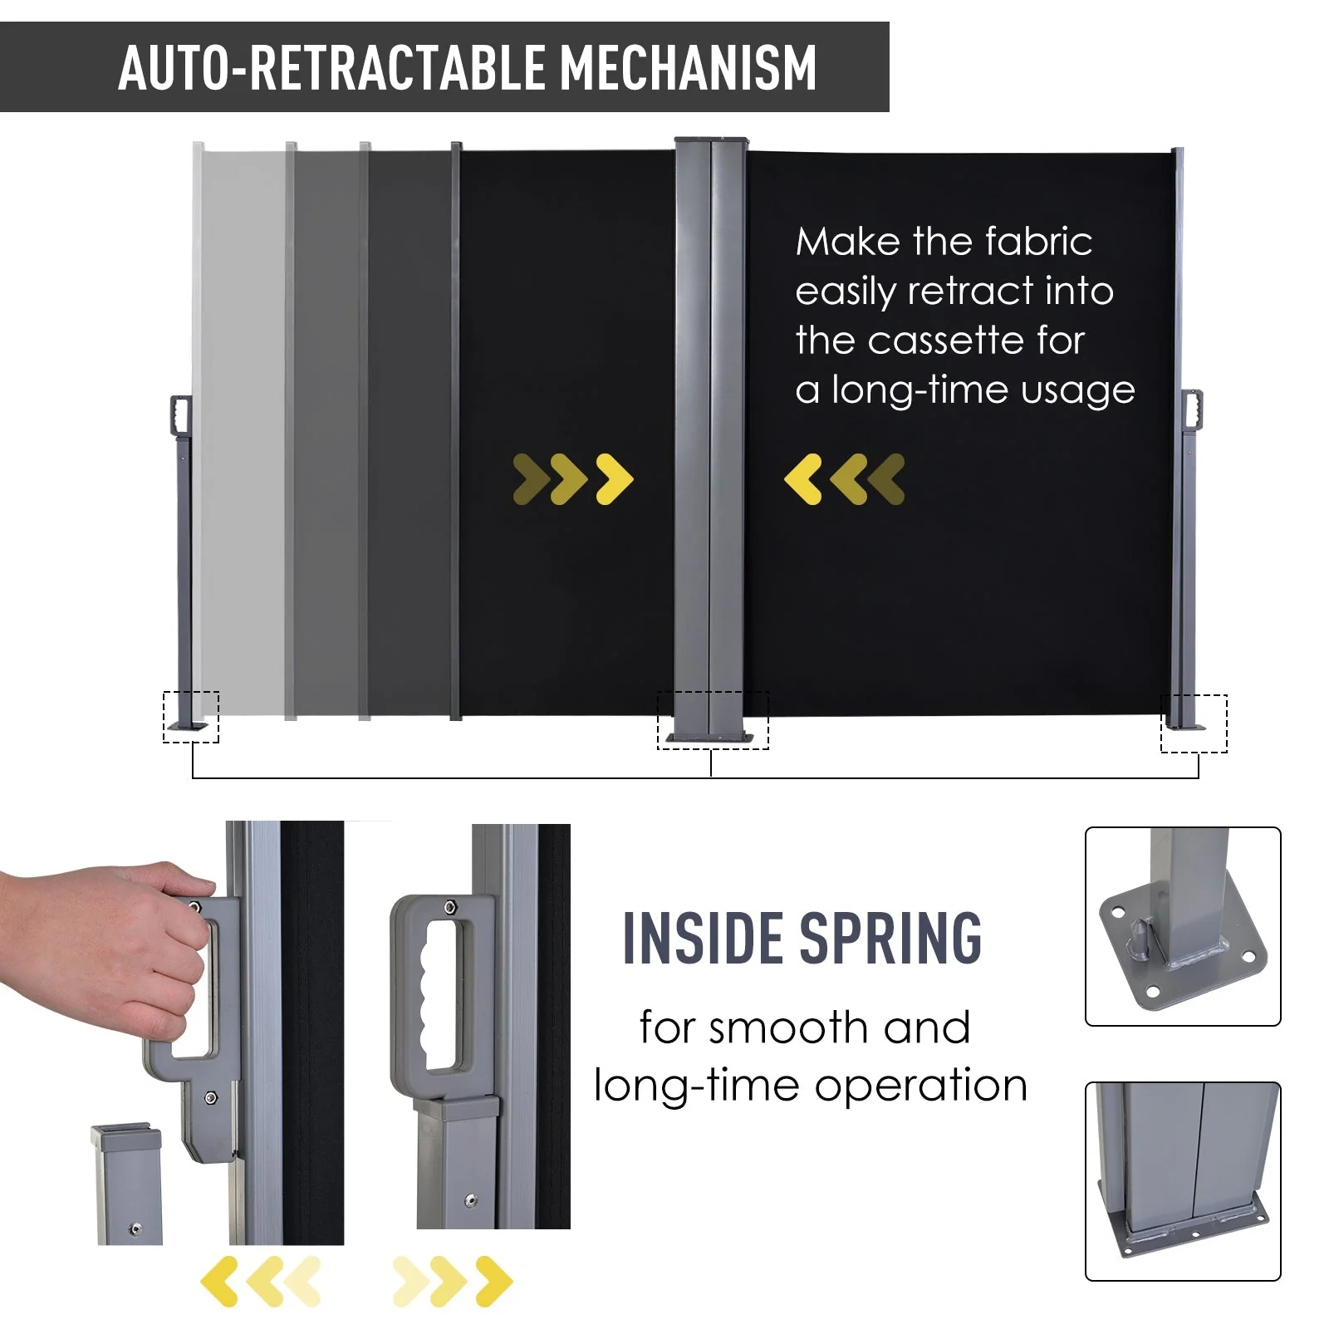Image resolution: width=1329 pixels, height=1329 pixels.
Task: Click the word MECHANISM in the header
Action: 689,67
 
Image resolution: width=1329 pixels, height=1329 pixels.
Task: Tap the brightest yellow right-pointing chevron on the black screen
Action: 615,479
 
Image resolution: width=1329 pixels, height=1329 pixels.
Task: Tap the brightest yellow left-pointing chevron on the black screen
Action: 803,479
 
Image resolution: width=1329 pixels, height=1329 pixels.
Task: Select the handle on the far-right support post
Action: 1193,409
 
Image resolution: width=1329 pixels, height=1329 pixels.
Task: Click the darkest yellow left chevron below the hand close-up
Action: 219,1281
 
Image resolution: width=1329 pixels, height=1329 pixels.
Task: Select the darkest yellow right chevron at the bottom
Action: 493,1281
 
